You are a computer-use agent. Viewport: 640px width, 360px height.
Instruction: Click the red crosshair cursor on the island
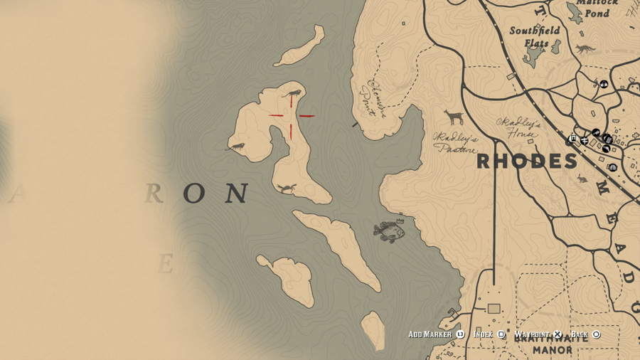point(292,115)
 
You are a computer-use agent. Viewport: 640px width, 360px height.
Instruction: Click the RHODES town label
point(526,161)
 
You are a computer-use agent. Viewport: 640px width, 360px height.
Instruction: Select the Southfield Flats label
point(534,36)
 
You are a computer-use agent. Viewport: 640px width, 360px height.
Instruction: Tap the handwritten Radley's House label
point(519,127)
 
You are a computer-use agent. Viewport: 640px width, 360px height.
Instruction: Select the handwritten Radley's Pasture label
point(456,142)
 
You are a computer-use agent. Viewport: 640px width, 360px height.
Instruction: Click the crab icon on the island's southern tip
point(287,188)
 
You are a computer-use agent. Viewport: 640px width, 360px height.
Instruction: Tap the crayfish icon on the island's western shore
point(235,147)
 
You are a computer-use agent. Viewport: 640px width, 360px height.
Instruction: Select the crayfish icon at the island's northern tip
point(292,93)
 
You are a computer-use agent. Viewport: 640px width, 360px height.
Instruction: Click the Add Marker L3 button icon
point(460,334)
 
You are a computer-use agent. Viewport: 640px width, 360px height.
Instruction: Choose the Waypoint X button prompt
point(558,334)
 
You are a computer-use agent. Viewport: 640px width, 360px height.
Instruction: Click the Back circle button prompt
point(597,334)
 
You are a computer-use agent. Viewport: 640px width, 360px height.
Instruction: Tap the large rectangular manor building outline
point(494,308)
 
